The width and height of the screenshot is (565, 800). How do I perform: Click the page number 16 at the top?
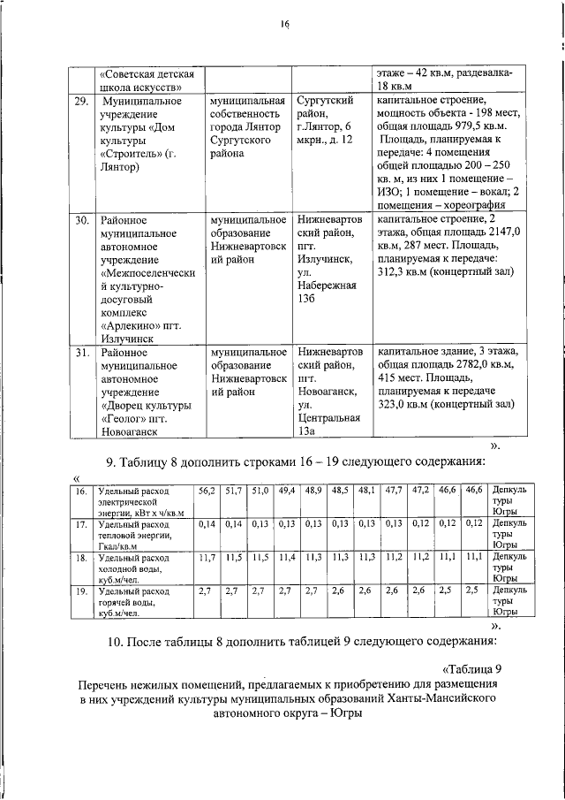click(x=285, y=25)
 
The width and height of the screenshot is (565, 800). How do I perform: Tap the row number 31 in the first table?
click(x=81, y=352)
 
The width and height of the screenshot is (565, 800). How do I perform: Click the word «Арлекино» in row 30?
click(x=130, y=324)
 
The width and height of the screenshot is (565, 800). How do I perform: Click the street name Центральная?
click(x=329, y=417)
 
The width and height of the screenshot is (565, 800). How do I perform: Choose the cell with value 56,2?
click(x=206, y=490)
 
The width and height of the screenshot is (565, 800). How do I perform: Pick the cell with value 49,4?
click(x=287, y=490)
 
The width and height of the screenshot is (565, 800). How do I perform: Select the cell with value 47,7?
click(x=395, y=490)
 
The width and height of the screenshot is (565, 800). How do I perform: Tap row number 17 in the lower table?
click(x=80, y=525)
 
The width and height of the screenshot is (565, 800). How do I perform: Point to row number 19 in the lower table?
click(x=80, y=590)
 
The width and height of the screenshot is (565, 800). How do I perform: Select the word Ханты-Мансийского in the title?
click(x=426, y=697)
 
